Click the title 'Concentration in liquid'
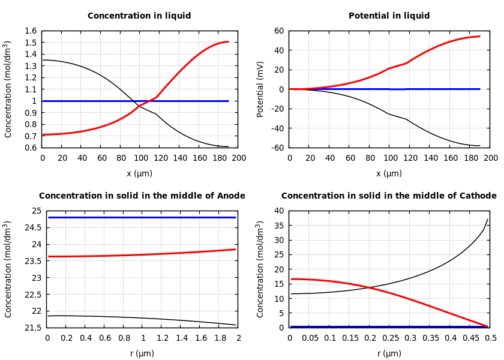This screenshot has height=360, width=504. pos(140,16)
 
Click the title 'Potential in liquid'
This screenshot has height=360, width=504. pos(389,16)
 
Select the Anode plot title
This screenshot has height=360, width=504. pos(142,196)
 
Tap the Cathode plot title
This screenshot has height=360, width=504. pos(389,196)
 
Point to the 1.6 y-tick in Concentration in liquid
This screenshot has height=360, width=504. pos(31,31)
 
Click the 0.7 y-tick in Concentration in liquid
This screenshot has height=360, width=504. pos(31,136)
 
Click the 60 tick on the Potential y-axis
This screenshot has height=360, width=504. pos(278,31)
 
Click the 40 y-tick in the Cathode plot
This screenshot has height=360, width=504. pos(278,211)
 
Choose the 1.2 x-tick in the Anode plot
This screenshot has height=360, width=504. pos(162,338)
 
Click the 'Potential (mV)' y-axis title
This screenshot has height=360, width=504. pos(260,89)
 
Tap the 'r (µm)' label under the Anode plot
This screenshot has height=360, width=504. pos(142,353)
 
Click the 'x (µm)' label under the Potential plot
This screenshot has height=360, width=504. pos(389,173)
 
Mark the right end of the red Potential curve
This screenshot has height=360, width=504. pos(479,36)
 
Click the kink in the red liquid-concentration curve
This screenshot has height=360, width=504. pos(156,97)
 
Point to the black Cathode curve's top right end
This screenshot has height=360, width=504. pos(488,219)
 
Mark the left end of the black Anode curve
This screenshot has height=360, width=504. pos(48,316)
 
